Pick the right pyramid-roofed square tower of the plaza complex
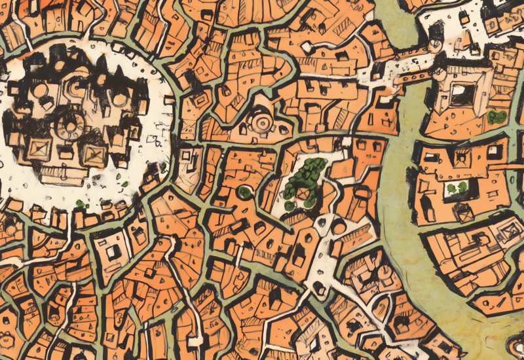tap(93, 154)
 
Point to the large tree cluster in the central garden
tap(308, 171)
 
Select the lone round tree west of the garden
tap(245, 192)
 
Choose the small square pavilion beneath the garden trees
tap(303, 194)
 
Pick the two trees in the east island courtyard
tap(457, 189)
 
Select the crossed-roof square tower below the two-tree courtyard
tap(465, 211)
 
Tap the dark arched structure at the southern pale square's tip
tap(320, 287)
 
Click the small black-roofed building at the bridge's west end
tap(379, 71)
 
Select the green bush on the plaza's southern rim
tap(81, 204)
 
